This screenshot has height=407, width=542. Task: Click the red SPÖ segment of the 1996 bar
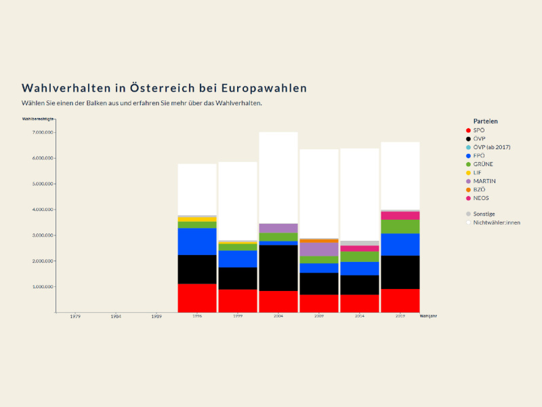tap(197, 298)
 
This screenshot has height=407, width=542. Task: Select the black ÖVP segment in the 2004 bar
tap(278, 268)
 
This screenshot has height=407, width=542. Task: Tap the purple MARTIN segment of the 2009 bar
tap(319, 249)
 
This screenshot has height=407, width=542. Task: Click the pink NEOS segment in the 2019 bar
tap(400, 215)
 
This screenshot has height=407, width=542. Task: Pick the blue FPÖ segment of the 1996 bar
tap(197, 241)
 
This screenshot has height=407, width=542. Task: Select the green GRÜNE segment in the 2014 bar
tap(360, 256)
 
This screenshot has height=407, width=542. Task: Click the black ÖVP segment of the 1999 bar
tap(238, 278)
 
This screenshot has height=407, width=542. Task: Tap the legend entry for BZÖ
tap(480, 189)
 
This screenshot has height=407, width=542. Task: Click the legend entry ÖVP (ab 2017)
tap(492, 147)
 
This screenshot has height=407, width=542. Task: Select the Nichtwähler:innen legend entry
tap(497, 222)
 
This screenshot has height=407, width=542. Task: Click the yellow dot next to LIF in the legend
tap(467, 172)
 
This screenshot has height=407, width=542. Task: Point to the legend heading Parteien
tap(485, 121)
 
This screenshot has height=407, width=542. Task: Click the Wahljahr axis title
tap(428, 316)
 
